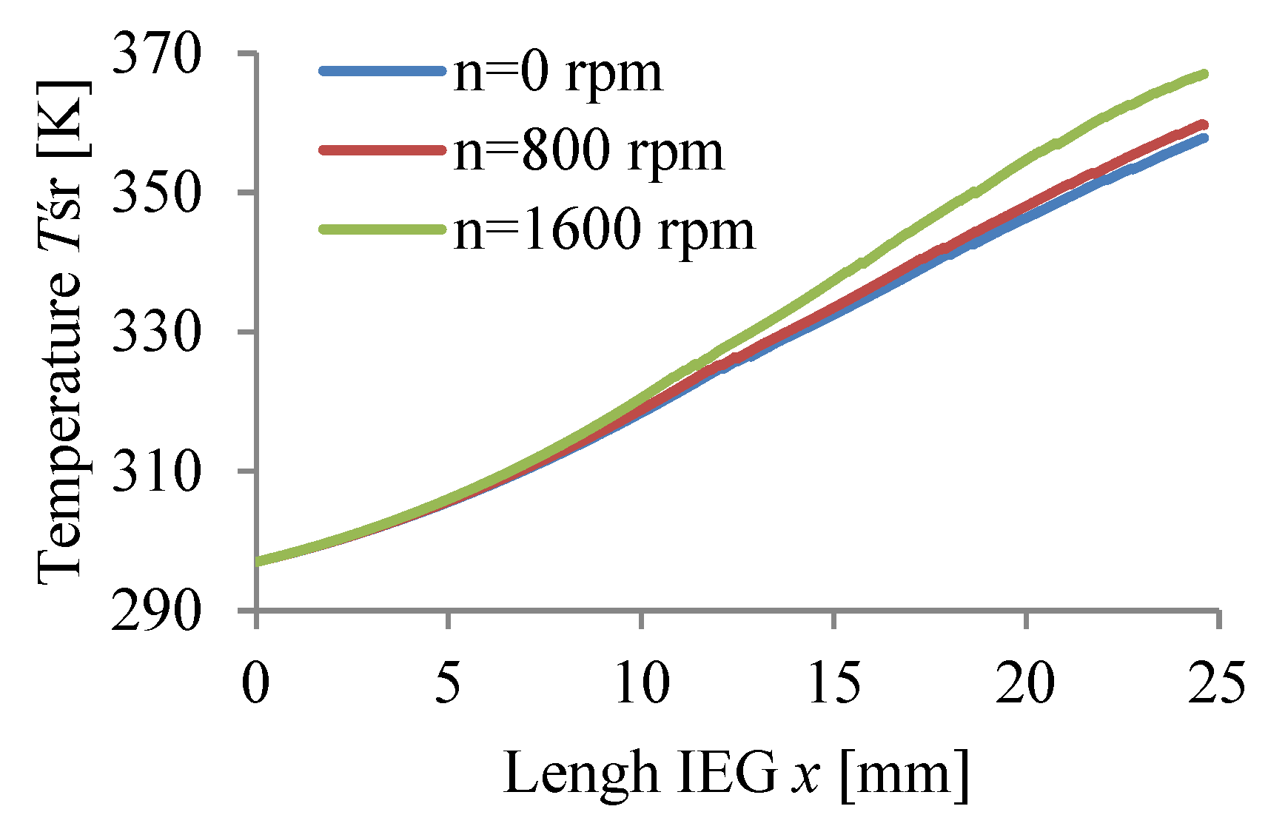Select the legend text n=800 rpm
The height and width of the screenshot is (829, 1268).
tap(588, 152)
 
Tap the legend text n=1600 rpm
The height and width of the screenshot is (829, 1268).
tap(604, 230)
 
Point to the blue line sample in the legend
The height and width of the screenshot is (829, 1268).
tap(382, 71)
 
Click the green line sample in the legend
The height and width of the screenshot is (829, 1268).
tap(382, 229)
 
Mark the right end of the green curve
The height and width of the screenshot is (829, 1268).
tap(1204, 74)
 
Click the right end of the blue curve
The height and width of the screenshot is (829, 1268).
tap(1204, 138)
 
